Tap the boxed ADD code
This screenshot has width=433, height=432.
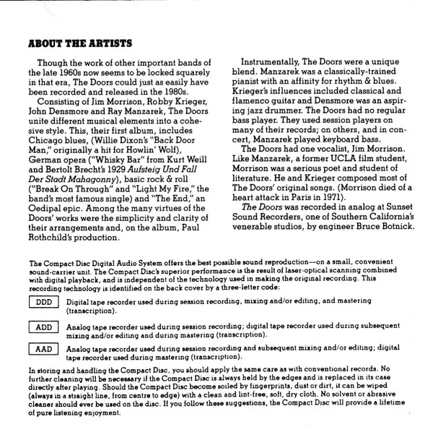(43, 327)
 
